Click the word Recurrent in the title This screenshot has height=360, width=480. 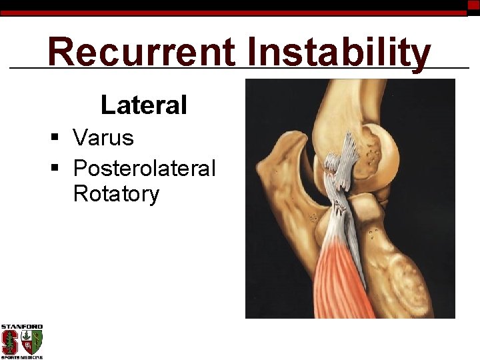141,52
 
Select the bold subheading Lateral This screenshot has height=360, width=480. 143,105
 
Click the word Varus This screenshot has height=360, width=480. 103,138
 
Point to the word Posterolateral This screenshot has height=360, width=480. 144,168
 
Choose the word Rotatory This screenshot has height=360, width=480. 116,194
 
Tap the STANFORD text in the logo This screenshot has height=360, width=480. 21,327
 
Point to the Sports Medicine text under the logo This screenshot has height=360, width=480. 21,357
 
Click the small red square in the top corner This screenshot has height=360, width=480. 473,5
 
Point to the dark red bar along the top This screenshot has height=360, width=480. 233,13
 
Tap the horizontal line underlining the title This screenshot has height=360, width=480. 240,68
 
